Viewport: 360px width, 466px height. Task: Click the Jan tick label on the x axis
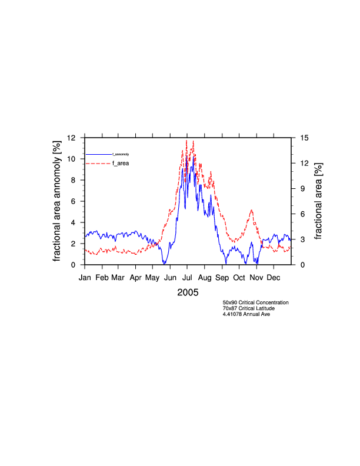pos(85,277)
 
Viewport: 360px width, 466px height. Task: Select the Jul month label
pos(188,277)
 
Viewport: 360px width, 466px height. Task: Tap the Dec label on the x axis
pos(274,277)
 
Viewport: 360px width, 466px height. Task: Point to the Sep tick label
pos(222,277)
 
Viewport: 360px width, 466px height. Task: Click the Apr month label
pos(136,277)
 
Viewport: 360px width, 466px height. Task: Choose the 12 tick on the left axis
pos(72,138)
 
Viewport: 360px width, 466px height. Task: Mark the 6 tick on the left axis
pos(74,201)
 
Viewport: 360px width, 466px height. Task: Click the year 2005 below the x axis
pos(188,292)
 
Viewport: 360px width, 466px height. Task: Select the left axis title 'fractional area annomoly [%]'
pos(58,201)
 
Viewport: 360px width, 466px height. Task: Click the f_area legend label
pos(121,163)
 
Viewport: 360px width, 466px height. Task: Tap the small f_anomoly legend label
pos(121,154)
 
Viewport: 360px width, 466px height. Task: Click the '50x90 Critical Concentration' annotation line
pos(255,302)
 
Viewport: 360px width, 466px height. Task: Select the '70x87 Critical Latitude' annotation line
pos(248,308)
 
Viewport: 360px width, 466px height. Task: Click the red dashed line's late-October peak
pos(252,210)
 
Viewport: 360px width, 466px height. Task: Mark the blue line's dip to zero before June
pos(165,263)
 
